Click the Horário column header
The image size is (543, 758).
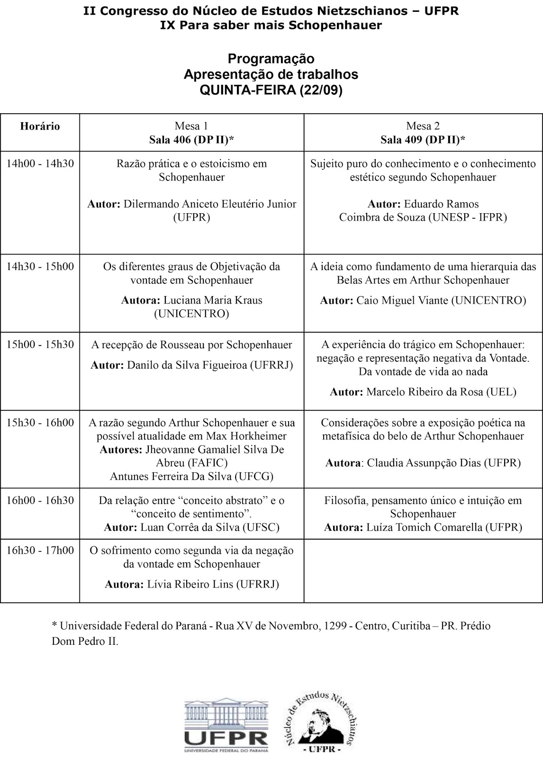tap(40, 126)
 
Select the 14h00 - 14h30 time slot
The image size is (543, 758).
tap(40, 164)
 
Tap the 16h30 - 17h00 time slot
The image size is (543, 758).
tap(40, 550)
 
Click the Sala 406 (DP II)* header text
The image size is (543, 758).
tap(191, 140)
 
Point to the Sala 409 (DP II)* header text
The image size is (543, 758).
tap(423, 140)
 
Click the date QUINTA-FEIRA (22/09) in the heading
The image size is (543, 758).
tap(271, 90)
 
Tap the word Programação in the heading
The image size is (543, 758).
tap(271, 59)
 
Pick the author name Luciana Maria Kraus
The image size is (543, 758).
tap(213, 300)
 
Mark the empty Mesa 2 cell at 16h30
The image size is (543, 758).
tap(423, 570)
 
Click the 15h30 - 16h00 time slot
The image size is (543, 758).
tap(40, 423)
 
